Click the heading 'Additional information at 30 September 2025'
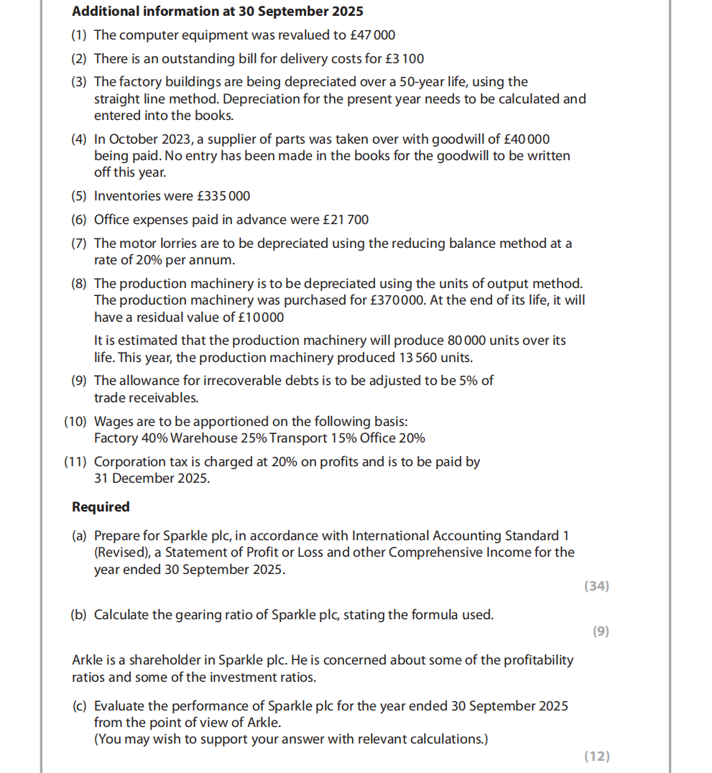(x=218, y=11)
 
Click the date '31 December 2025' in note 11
(x=152, y=478)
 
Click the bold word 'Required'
(x=101, y=507)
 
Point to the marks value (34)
(x=596, y=586)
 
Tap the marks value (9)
(x=601, y=631)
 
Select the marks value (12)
(x=596, y=756)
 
